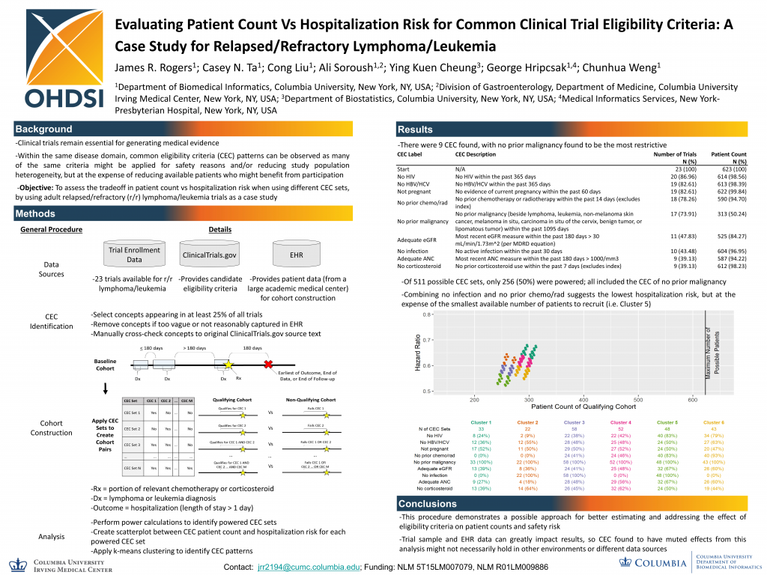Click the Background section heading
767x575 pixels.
pos(44,129)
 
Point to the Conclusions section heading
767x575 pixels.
pos(427,504)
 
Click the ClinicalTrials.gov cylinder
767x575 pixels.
pos(209,255)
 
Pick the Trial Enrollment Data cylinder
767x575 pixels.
pos(134,255)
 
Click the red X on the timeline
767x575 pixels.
pos(267,365)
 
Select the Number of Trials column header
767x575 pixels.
pos(675,154)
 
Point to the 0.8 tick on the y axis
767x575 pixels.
pos(426,314)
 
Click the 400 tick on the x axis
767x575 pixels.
pos(583,399)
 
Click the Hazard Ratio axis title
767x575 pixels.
pos(418,351)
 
